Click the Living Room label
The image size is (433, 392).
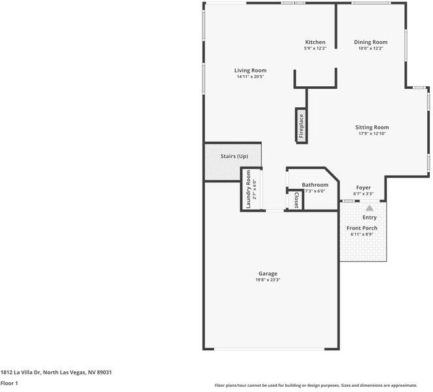(250, 71)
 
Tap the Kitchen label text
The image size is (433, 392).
(315, 42)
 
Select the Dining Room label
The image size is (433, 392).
(371, 42)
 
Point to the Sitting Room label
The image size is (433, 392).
(372, 127)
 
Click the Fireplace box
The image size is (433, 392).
(301, 125)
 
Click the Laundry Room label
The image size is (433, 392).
(249, 189)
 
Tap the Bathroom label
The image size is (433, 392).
(315, 185)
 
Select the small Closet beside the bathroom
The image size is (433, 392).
(297, 200)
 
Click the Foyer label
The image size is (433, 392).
(363, 188)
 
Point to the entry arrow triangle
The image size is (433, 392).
(369, 207)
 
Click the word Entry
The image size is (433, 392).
(369, 218)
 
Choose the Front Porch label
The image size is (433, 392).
(361, 228)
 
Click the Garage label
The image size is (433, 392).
(268, 274)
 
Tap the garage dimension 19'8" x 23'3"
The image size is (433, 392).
(268, 280)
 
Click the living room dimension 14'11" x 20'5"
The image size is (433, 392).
(250, 76)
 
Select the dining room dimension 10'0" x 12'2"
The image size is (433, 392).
(371, 48)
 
